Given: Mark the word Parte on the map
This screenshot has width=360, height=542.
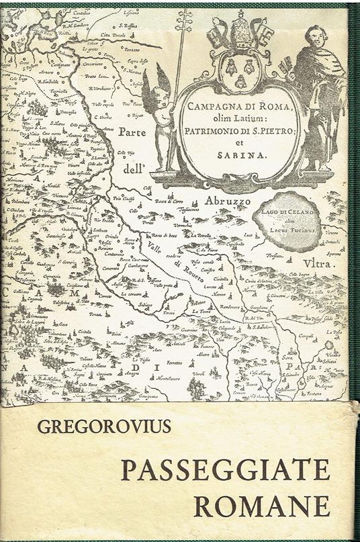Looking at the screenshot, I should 132,133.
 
